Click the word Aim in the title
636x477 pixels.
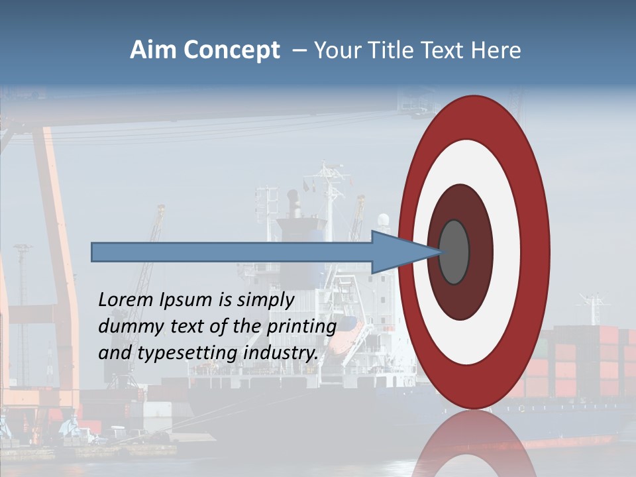pyautogui.click(x=153, y=50)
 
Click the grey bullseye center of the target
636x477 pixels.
pyautogui.click(x=454, y=252)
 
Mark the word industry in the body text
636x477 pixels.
pyautogui.click(x=281, y=353)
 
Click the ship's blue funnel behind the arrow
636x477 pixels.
pyautogui.click(x=301, y=229)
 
